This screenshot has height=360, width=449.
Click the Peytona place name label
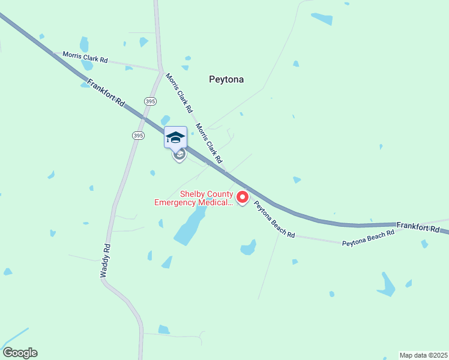[x=226, y=79]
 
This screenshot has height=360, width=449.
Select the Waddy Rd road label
[x=105, y=260]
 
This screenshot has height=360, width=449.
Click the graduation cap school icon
[x=175, y=137]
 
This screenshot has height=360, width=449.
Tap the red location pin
[x=243, y=197]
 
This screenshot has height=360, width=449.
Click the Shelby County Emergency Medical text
[x=193, y=198]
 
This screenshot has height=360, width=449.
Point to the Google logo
[x=20, y=353]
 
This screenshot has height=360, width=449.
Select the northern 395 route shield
[x=149, y=100]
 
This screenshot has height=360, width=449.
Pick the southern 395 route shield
[x=138, y=136]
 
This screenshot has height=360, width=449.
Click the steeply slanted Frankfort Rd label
[x=106, y=93]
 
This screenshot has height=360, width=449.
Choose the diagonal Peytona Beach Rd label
[x=274, y=219]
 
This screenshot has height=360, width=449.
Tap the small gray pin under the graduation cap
[x=179, y=155]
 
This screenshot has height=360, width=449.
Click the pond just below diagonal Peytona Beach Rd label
[x=249, y=247]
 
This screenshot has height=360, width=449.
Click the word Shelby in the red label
[x=193, y=194]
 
